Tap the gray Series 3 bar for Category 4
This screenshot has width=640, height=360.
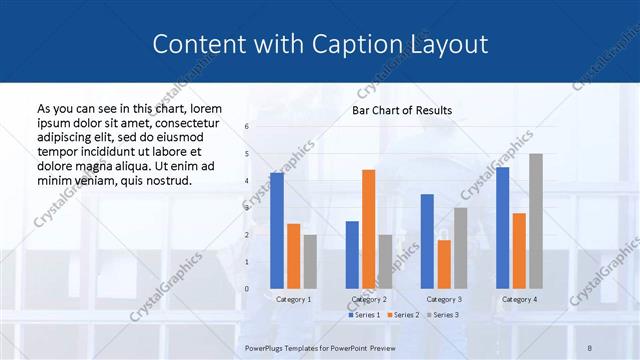(536, 221)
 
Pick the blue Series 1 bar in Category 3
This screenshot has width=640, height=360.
(427, 241)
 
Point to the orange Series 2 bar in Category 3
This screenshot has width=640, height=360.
(444, 264)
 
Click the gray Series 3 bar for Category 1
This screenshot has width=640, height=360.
(310, 261)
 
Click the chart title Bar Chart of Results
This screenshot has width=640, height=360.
(401, 111)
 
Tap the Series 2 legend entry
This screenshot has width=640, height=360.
(403, 315)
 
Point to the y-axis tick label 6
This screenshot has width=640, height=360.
(247, 127)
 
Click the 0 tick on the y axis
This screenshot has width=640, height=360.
(247, 289)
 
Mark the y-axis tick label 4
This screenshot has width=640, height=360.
(247, 181)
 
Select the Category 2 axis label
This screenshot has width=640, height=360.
(369, 299)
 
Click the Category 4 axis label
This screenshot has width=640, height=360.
(519, 299)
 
